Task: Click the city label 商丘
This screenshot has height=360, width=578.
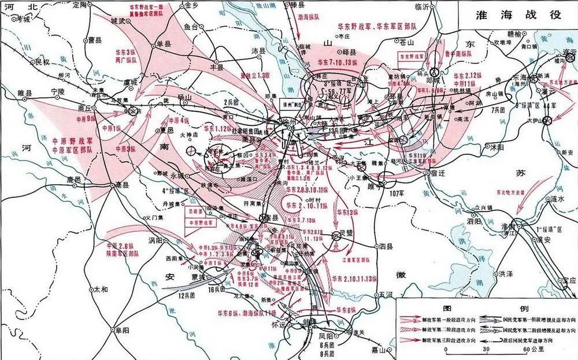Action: click(x=84, y=107)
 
